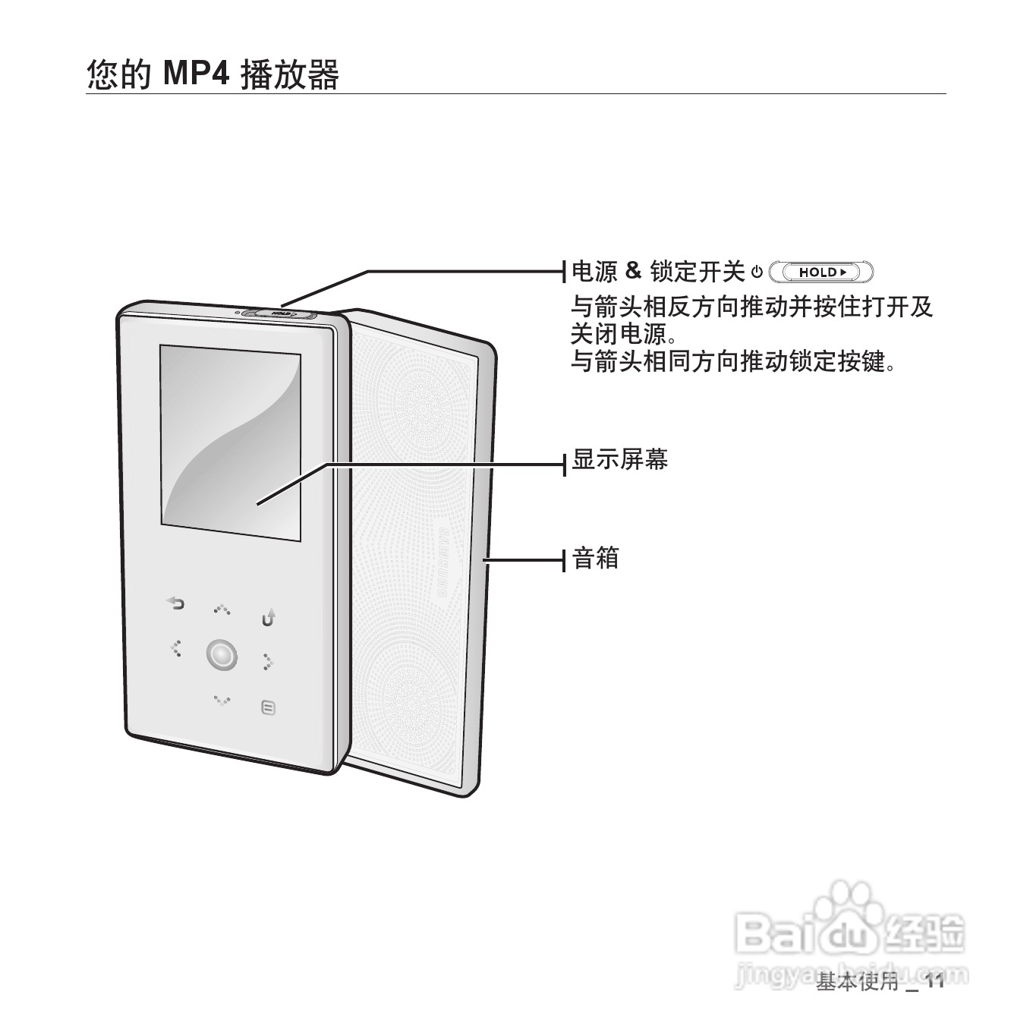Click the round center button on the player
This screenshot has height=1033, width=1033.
click(221, 654)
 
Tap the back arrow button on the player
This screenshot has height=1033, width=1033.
click(175, 604)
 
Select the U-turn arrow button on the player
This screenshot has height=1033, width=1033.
click(269, 618)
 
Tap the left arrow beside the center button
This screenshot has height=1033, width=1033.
click(176, 648)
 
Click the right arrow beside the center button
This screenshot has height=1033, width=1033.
click(268, 663)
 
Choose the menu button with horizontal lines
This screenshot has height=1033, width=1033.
click(267, 707)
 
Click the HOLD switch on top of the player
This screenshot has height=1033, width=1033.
click(279, 312)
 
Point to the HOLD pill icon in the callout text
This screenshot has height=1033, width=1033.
click(821, 272)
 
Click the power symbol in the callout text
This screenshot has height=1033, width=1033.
click(757, 272)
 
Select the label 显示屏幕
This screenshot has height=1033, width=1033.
click(619, 460)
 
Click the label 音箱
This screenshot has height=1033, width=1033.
click(596, 559)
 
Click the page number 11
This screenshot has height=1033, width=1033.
click(934, 982)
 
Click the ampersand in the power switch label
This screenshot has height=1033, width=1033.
click(633, 270)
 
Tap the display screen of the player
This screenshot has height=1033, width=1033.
click(229, 442)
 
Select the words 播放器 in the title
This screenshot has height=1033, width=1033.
click(289, 75)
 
